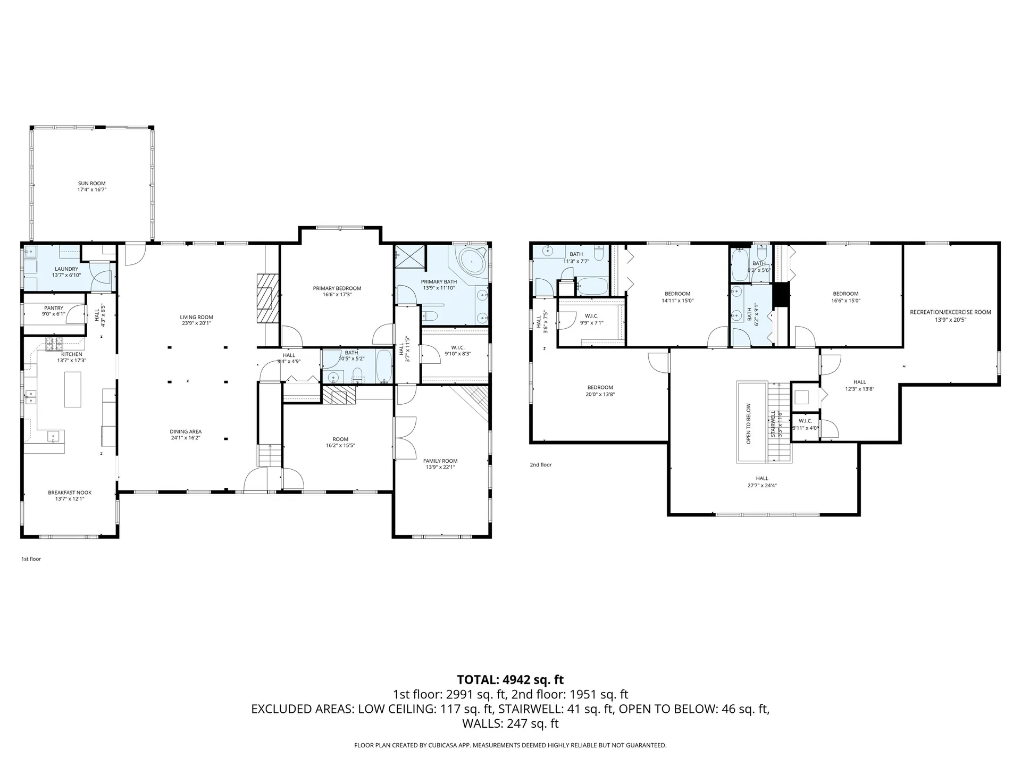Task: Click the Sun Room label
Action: [x=91, y=184]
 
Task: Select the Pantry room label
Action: [x=54, y=308]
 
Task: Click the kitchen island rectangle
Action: [x=72, y=389]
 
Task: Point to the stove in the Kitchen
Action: [x=54, y=344]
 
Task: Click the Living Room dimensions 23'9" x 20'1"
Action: [x=196, y=323]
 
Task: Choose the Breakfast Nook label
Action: [x=70, y=493]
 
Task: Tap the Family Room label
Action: [x=440, y=461]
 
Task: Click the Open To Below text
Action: [x=748, y=423]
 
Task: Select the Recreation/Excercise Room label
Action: [x=950, y=312]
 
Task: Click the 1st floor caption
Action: [x=31, y=559]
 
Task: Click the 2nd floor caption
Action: [x=540, y=465]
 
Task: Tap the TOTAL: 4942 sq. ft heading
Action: [x=510, y=679]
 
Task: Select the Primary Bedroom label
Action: [x=337, y=288]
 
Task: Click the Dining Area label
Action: [x=186, y=432]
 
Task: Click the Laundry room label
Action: [x=66, y=269]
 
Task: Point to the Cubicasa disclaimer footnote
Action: [x=510, y=745]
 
